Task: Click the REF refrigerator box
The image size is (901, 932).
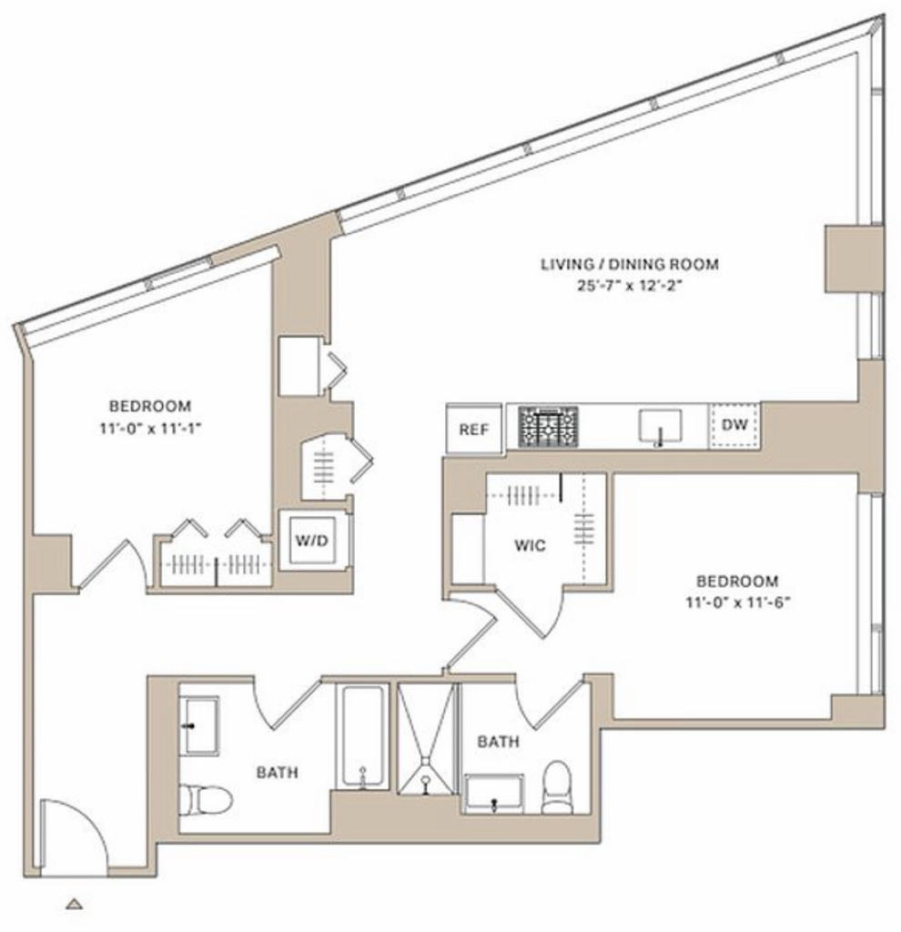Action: [473, 429]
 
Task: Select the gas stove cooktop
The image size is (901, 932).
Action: [548, 426]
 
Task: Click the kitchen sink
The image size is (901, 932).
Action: [660, 426]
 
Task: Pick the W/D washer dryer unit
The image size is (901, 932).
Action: [312, 541]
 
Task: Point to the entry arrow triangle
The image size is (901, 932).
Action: [74, 904]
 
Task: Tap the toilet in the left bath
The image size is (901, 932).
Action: [205, 799]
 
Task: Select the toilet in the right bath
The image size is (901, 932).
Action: [557, 787]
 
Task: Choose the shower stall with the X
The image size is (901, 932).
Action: [427, 739]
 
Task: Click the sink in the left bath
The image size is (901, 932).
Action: [199, 725]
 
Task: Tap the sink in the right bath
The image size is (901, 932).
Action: [494, 794]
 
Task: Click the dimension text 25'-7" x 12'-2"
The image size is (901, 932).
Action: [629, 285]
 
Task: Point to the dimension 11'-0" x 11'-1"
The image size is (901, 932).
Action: [150, 428]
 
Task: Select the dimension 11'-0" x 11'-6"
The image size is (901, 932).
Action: [737, 603]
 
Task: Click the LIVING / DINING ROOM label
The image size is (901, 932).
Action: [630, 264]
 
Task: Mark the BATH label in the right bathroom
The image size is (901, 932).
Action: [498, 741]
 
